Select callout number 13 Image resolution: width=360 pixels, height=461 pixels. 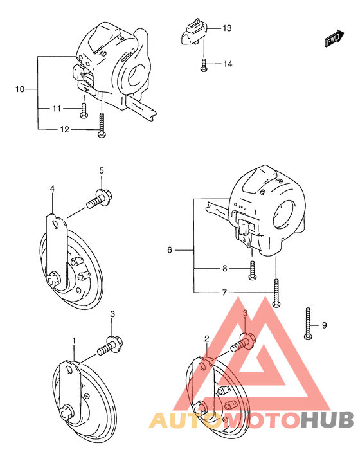(227, 29)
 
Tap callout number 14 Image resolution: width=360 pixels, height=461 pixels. (227, 64)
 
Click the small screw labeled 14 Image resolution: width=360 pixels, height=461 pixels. (203, 64)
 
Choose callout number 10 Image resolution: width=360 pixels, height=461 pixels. (20, 88)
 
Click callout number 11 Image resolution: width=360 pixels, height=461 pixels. (57, 108)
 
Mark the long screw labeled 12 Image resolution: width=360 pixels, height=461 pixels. (102, 125)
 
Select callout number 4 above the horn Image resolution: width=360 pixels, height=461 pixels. (53, 188)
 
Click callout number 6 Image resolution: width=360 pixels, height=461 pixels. (170, 249)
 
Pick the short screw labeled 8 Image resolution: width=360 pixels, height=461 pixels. (252, 273)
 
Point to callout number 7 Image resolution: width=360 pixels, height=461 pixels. (224, 293)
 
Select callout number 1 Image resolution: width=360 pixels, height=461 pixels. (74, 340)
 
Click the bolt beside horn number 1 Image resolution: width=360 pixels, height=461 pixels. (109, 347)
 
